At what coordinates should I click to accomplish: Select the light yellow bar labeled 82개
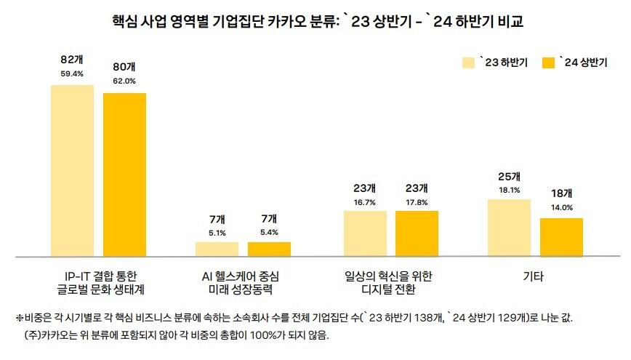(72, 170)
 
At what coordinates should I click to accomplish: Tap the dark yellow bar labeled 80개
(124, 175)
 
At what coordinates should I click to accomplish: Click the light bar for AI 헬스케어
(217, 249)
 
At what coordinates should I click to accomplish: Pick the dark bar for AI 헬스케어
(269, 249)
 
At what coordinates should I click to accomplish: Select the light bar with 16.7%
(365, 233)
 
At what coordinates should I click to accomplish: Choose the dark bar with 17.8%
(417, 233)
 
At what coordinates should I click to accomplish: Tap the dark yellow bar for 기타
(561, 237)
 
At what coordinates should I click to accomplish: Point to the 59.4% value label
(72, 73)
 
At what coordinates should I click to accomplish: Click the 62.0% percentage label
(124, 81)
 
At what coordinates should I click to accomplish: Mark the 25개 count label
(510, 177)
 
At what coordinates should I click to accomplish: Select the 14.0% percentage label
(561, 207)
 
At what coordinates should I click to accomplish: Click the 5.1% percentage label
(217, 233)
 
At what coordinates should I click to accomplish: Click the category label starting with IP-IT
(98, 283)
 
